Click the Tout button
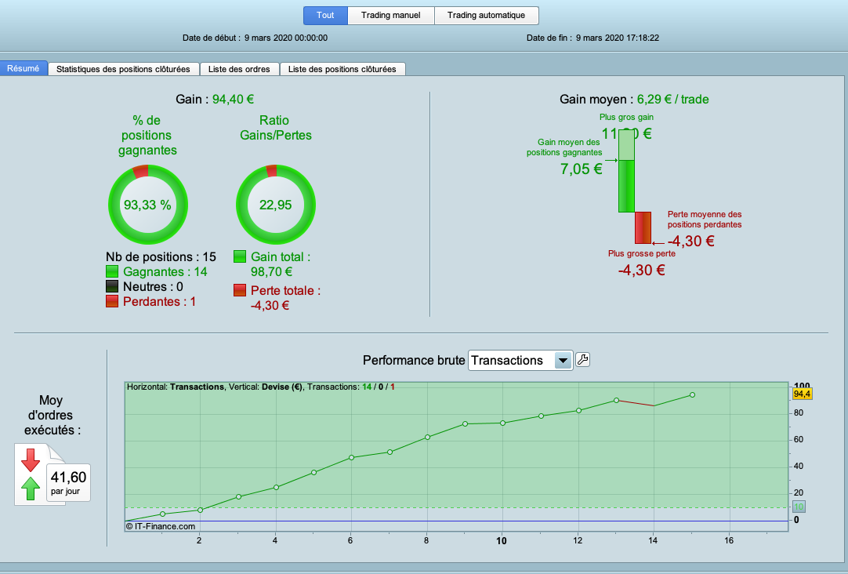tap(325, 16)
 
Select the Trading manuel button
tap(391, 16)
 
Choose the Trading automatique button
tap(487, 16)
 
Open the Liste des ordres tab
tap(239, 69)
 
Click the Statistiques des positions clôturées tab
tap(124, 69)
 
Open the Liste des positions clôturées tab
tap(342, 69)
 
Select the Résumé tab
tap(24, 68)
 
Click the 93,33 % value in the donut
tap(147, 205)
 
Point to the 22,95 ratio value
tap(275, 205)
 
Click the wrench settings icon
tap(583, 360)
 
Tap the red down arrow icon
tap(31, 459)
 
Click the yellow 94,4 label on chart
tap(803, 394)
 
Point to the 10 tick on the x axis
tap(502, 540)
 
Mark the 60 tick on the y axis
tap(799, 439)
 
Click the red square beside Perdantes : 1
tap(112, 301)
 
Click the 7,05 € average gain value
tap(581, 168)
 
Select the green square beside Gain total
tap(240, 256)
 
